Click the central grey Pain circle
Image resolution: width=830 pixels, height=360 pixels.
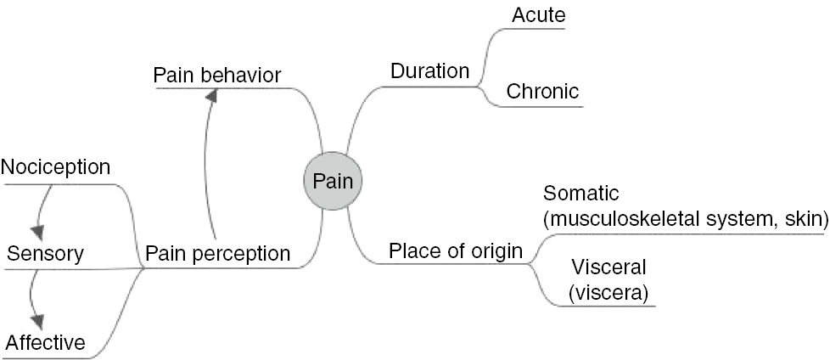tap(334, 180)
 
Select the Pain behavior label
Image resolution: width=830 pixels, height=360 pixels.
tap(216, 75)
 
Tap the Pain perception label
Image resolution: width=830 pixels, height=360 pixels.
tap(218, 253)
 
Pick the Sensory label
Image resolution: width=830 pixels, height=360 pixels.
tap(45, 253)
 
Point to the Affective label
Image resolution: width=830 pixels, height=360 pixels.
tap(46, 342)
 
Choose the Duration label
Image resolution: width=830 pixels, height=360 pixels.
tap(429, 70)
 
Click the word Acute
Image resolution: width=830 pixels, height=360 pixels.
tap(539, 14)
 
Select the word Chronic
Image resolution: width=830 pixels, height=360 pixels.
tap(542, 91)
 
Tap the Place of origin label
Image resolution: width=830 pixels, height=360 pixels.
tap(455, 251)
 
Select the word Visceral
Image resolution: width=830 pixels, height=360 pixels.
tap(608, 267)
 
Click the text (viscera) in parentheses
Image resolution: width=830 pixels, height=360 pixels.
tap(608, 294)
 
